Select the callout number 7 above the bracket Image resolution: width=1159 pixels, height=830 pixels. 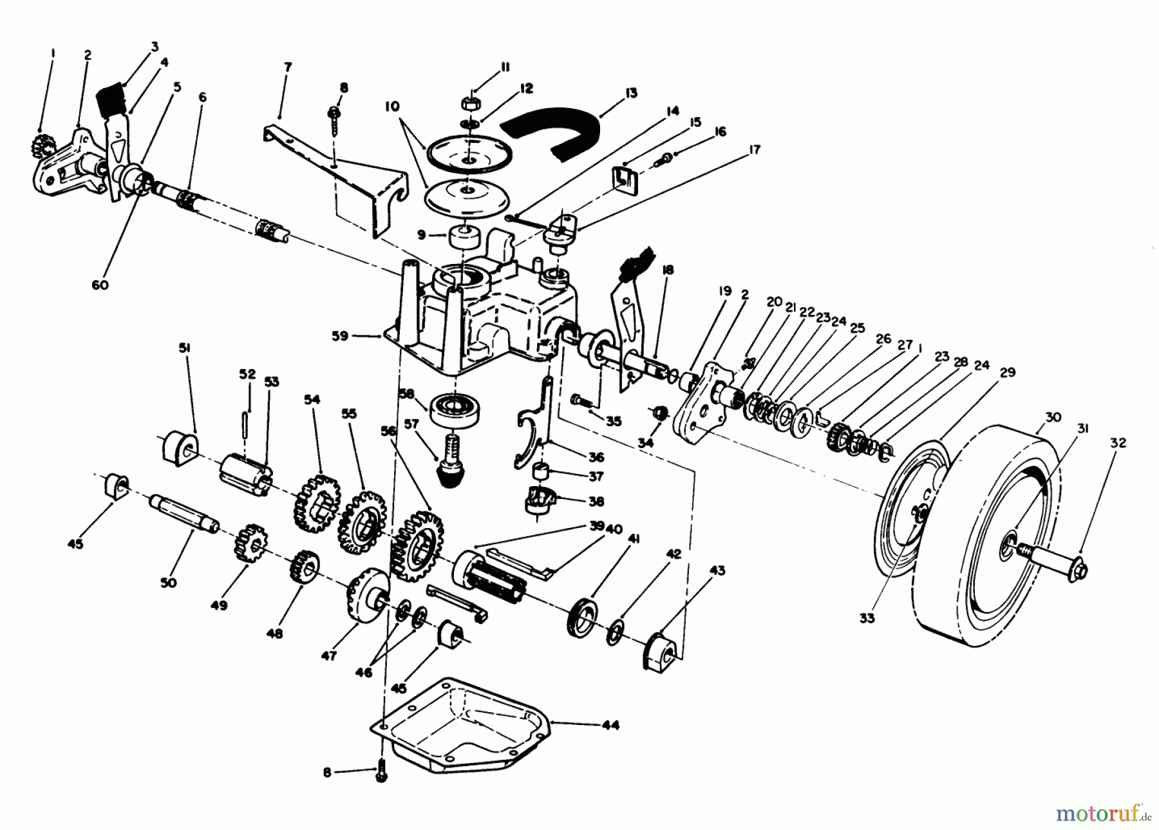click(288, 66)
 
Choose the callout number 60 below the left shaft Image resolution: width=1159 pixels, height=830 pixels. click(100, 285)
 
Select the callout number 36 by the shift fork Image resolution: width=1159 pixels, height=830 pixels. click(596, 457)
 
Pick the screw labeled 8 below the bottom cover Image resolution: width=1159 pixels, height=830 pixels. click(381, 771)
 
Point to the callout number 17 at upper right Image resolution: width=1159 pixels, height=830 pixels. click(755, 149)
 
